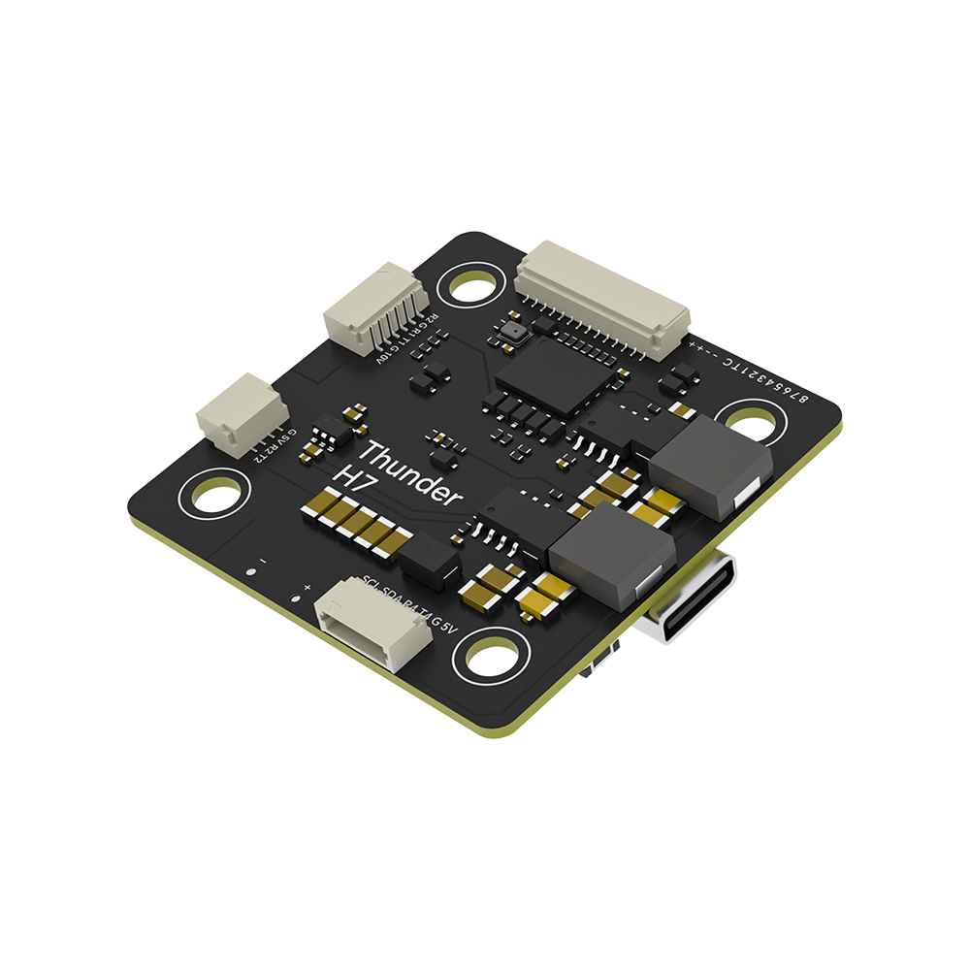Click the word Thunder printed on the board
[x=407, y=472]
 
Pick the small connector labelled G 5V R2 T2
[x=239, y=413]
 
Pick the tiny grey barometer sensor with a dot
[x=512, y=332]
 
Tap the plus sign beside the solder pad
[x=307, y=588]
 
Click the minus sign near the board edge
[x=263, y=561]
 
